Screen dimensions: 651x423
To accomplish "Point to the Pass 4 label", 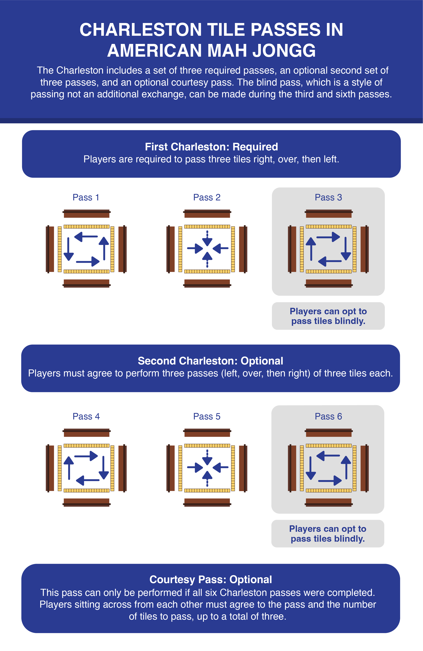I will (x=86, y=416).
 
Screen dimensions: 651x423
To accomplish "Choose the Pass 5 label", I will (x=207, y=416).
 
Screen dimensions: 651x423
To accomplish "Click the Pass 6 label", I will (x=328, y=416).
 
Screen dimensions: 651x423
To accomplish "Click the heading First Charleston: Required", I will (x=211, y=147).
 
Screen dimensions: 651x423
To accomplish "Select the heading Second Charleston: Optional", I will (x=210, y=361).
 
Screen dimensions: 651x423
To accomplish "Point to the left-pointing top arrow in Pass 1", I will (x=86, y=237).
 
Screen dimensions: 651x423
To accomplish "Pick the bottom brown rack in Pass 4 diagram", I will (x=87, y=503).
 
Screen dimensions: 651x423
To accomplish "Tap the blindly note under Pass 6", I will (x=328, y=534).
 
